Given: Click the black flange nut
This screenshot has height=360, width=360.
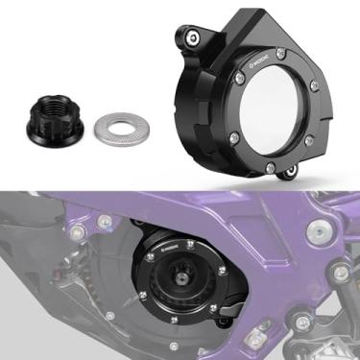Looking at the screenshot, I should point(56,122).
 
